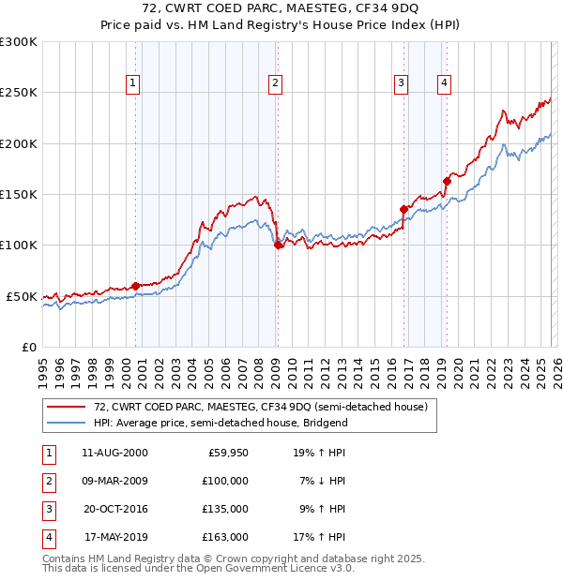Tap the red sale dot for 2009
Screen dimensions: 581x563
(x=278, y=245)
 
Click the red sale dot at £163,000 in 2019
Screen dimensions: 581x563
(x=447, y=181)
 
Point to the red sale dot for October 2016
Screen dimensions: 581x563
(x=403, y=209)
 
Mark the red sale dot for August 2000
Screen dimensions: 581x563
(x=135, y=286)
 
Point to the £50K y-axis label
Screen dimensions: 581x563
(x=22, y=296)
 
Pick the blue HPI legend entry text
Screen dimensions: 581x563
(x=221, y=423)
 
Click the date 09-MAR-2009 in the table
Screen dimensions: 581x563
(x=115, y=481)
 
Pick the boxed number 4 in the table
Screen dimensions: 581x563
(x=48, y=537)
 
